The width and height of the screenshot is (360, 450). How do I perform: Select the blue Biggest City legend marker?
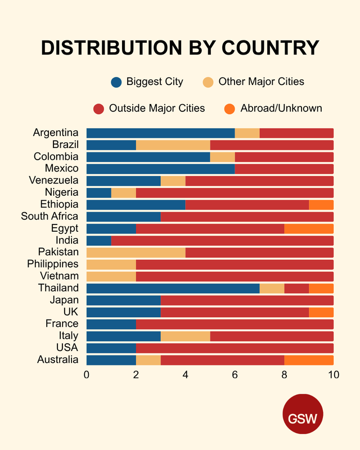116,82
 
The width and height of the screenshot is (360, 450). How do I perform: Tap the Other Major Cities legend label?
261,82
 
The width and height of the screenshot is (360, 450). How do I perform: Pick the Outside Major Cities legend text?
157,108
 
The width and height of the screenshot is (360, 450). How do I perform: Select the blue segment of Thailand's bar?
173,289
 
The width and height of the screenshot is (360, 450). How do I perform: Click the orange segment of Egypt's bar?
309,228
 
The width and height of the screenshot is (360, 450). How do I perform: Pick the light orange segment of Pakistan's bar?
136,253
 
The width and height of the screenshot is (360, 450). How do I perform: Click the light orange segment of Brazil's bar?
173,145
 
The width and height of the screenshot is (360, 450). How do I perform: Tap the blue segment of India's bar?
98,241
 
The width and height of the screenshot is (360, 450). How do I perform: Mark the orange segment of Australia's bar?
309,360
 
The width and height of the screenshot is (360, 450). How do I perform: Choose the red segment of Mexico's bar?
284,169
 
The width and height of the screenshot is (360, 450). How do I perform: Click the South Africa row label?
49,217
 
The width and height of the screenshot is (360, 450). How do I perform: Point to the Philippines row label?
53,264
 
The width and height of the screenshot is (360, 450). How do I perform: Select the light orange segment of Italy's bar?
185,336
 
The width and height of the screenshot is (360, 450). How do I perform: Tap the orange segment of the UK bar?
321,312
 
